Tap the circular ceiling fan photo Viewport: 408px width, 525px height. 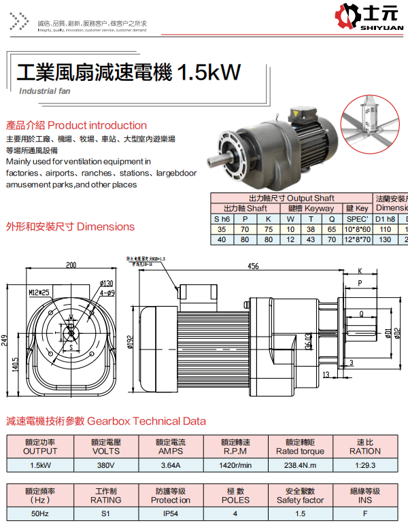tap(373, 124)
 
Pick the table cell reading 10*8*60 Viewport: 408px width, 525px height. tap(358, 230)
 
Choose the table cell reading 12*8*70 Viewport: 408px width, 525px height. tap(358, 239)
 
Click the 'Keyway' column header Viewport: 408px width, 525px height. tap(311, 209)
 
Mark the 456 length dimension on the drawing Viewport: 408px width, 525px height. tap(253, 266)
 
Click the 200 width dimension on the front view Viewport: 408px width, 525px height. tap(71, 265)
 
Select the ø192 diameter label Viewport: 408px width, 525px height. tap(130, 341)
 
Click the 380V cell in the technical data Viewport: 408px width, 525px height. tap(105, 465)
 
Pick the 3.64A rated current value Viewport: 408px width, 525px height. tap(170, 465)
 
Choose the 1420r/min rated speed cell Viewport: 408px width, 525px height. tap(235, 465)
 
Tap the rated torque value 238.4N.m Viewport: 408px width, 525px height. tap(300, 465)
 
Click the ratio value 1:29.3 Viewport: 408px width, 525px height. tap(365, 465)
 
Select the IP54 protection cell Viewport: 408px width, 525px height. tap(170, 514)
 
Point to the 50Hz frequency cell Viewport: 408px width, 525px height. tap(40, 514)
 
